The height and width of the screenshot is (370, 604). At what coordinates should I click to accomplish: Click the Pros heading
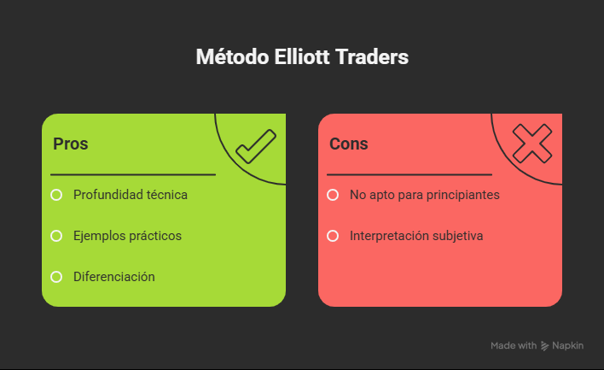click(71, 144)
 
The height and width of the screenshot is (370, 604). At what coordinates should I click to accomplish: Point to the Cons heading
click(349, 144)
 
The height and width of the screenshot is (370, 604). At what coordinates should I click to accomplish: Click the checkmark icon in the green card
click(255, 145)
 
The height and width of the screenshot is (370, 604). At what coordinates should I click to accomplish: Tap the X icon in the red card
click(531, 143)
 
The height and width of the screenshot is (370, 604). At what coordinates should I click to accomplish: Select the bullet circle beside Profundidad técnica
click(56, 195)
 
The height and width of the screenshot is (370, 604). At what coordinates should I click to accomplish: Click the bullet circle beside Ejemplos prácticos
click(56, 235)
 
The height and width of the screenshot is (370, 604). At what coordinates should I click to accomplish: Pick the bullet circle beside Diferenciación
click(56, 276)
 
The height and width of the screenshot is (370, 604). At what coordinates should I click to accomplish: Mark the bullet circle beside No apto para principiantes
click(333, 195)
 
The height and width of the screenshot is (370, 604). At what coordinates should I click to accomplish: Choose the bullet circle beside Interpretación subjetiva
click(333, 235)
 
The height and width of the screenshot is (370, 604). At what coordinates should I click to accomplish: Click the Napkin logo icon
click(545, 346)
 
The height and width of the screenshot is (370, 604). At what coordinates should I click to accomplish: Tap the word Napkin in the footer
click(568, 346)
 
